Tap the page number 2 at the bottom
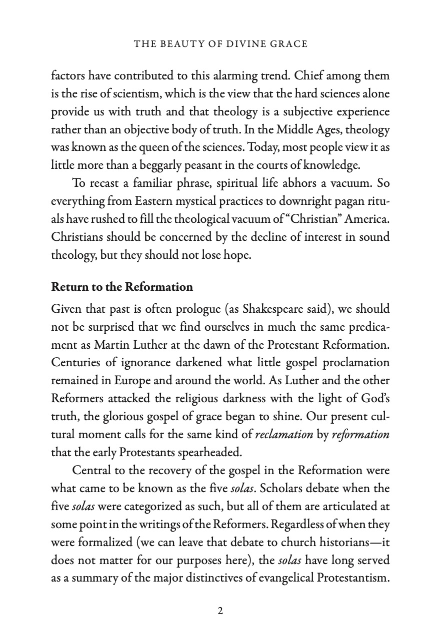(220, 611)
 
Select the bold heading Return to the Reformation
(122, 287)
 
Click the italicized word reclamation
(284, 435)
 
